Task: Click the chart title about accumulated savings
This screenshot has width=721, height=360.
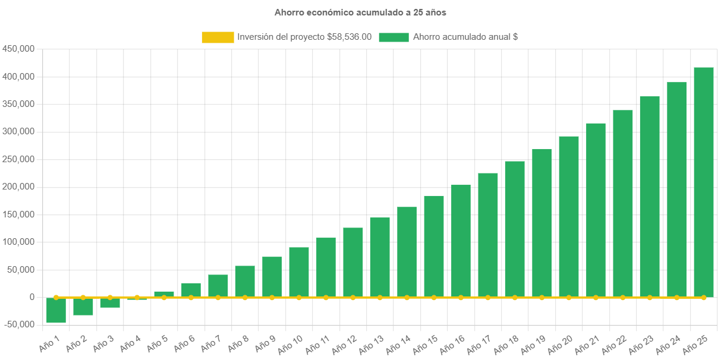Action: [x=360, y=12]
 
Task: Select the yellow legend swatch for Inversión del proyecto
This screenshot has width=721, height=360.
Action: [x=218, y=37]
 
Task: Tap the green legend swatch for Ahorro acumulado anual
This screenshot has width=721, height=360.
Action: [x=393, y=37]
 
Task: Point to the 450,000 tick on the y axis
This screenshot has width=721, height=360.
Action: [x=18, y=49]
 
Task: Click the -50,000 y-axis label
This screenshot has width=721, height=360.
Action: [x=19, y=324]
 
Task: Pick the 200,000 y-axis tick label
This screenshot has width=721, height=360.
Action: [x=18, y=187]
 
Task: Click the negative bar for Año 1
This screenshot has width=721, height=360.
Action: [x=56, y=310]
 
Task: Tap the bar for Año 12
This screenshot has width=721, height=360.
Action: [x=353, y=262]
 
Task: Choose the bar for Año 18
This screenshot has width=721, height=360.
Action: [x=515, y=229]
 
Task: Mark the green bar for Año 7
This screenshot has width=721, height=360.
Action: [x=218, y=286]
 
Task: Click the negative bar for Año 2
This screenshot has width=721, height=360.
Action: [x=83, y=307]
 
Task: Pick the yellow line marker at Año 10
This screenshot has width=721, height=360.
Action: [x=299, y=297]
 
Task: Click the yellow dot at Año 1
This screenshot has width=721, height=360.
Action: [x=56, y=297]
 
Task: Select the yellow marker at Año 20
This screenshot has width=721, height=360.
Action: [x=569, y=297]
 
